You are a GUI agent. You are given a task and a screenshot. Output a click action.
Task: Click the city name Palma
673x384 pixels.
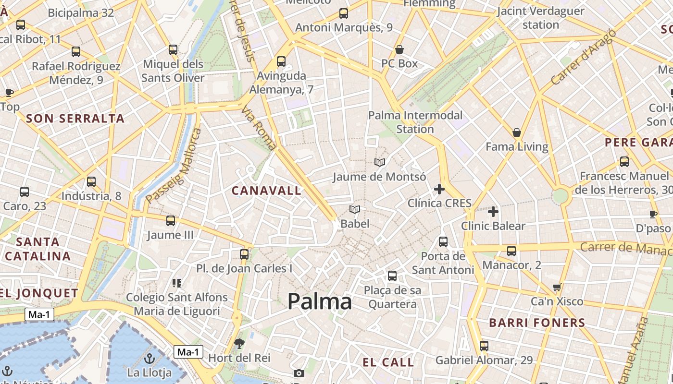320,301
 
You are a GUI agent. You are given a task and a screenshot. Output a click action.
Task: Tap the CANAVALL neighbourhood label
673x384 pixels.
266,191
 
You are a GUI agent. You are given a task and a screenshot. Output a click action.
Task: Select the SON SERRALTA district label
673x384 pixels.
75,119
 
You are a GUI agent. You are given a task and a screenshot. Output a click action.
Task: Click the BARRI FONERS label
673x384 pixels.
537,323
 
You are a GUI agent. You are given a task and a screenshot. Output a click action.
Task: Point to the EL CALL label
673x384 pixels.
388,362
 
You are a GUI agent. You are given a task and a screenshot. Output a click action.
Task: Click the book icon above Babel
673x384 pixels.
355,210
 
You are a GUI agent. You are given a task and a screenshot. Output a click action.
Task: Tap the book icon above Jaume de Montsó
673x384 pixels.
380,163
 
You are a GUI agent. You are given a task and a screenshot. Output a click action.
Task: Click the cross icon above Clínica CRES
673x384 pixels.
439,189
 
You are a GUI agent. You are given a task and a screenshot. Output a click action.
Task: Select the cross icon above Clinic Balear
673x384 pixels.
493,212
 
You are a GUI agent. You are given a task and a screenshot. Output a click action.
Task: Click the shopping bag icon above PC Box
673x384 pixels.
399,49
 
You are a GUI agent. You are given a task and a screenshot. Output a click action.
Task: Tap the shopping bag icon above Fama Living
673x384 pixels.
517,132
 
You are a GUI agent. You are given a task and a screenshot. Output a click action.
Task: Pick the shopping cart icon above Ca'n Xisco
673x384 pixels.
557,288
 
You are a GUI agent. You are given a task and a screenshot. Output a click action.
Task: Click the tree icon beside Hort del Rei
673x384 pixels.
239,343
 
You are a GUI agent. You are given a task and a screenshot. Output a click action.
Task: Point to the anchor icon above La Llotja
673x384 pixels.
150,358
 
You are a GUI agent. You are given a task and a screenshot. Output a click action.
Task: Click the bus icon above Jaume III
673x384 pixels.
171,221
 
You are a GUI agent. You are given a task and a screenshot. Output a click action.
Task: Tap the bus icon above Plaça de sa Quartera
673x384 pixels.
392,276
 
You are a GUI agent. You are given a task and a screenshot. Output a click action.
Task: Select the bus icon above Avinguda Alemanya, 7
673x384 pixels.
281,61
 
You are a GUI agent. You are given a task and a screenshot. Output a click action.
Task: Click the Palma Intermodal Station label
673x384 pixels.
415,122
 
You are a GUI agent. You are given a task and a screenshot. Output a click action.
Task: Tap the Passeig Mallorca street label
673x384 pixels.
174,165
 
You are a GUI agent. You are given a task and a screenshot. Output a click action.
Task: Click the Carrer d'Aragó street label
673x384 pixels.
583,58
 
